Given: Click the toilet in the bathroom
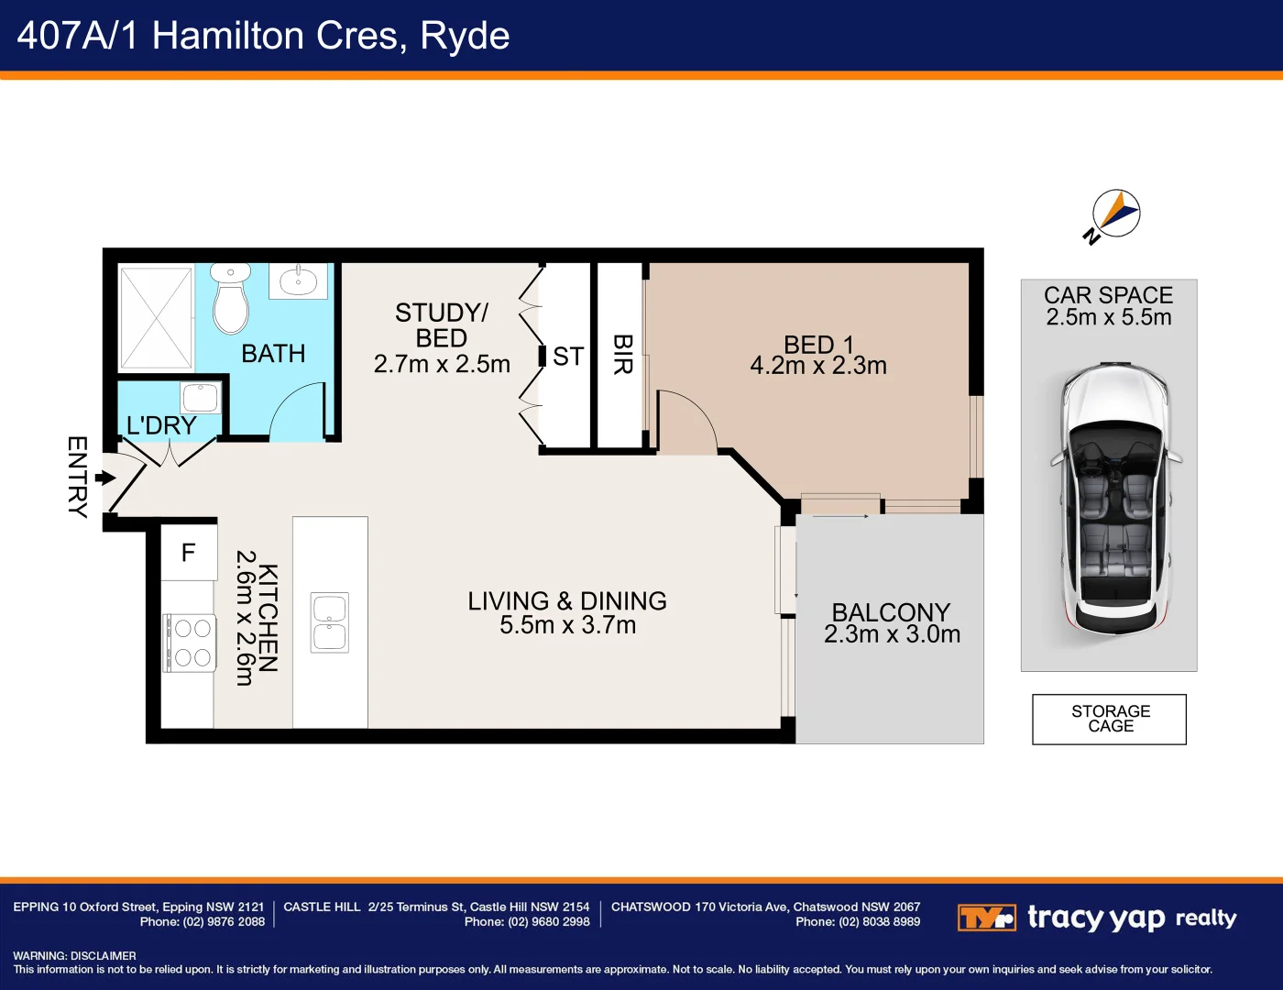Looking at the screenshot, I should pyautogui.click(x=231, y=300).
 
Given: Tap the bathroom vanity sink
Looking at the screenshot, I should pyautogui.click(x=298, y=280).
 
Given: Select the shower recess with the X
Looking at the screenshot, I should pyautogui.click(x=156, y=317).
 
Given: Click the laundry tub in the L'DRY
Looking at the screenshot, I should pyautogui.click(x=200, y=398).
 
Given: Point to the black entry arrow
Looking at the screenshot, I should pyautogui.click(x=105, y=478).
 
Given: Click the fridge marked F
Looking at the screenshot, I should pyautogui.click(x=189, y=552).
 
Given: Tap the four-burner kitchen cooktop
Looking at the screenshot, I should pyautogui.click(x=190, y=643).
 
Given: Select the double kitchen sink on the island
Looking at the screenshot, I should pyautogui.click(x=330, y=622).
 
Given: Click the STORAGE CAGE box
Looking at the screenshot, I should pyautogui.click(x=1109, y=719).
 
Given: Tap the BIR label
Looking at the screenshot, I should pyautogui.click(x=622, y=355).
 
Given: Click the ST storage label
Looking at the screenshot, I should pyautogui.click(x=568, y=356).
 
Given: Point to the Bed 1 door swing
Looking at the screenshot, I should pyautogui.click(x=685, y=422).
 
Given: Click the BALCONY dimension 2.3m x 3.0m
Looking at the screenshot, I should pyautogui.click(x=892, y=634).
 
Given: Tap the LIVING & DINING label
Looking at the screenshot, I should pyautogui.click(x=567, y=600).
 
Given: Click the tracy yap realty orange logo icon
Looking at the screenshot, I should pyautogui.click(x=986, y=918).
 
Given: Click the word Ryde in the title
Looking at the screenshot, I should pyautogui.click(x=464, y=36).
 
